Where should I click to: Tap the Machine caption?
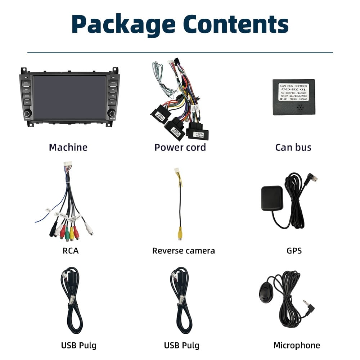(x=68, y=147)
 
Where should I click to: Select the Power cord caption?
(x=180, y=147)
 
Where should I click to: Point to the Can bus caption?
(x=293, y=147)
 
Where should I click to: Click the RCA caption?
(x=70, y=251)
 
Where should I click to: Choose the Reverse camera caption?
(x=183, y=251)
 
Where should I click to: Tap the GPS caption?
(x=294, y=251)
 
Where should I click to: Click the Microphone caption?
(x=296, y=346)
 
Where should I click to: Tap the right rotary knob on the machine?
(x=112, y=113)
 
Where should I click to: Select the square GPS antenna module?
(x=272, y=198)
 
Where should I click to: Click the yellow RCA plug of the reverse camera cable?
(x=180, y=234)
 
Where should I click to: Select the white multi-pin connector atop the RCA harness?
(x=68, y=165)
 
